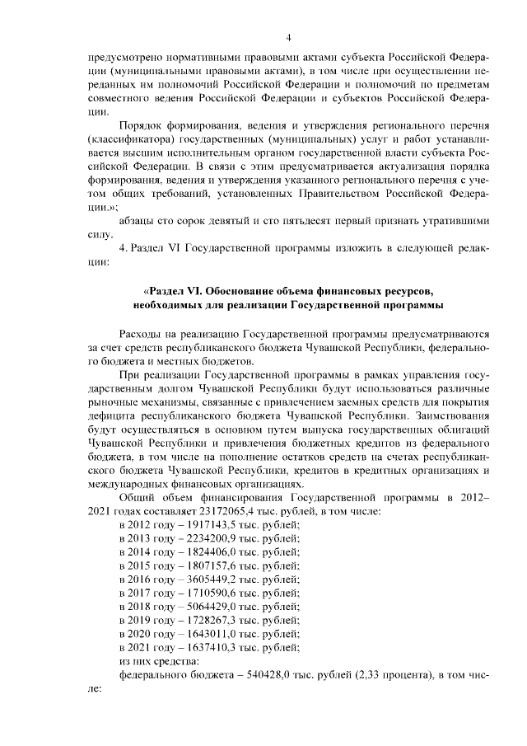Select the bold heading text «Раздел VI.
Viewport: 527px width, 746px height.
pos(172,292)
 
